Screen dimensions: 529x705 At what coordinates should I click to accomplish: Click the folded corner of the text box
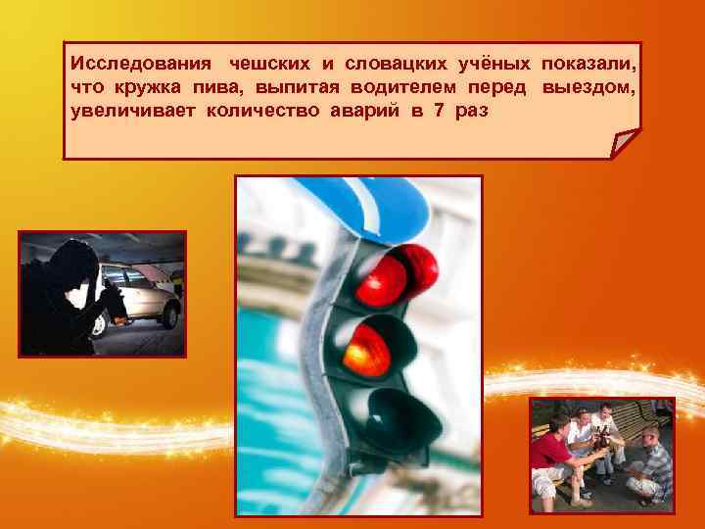point(624,146)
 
